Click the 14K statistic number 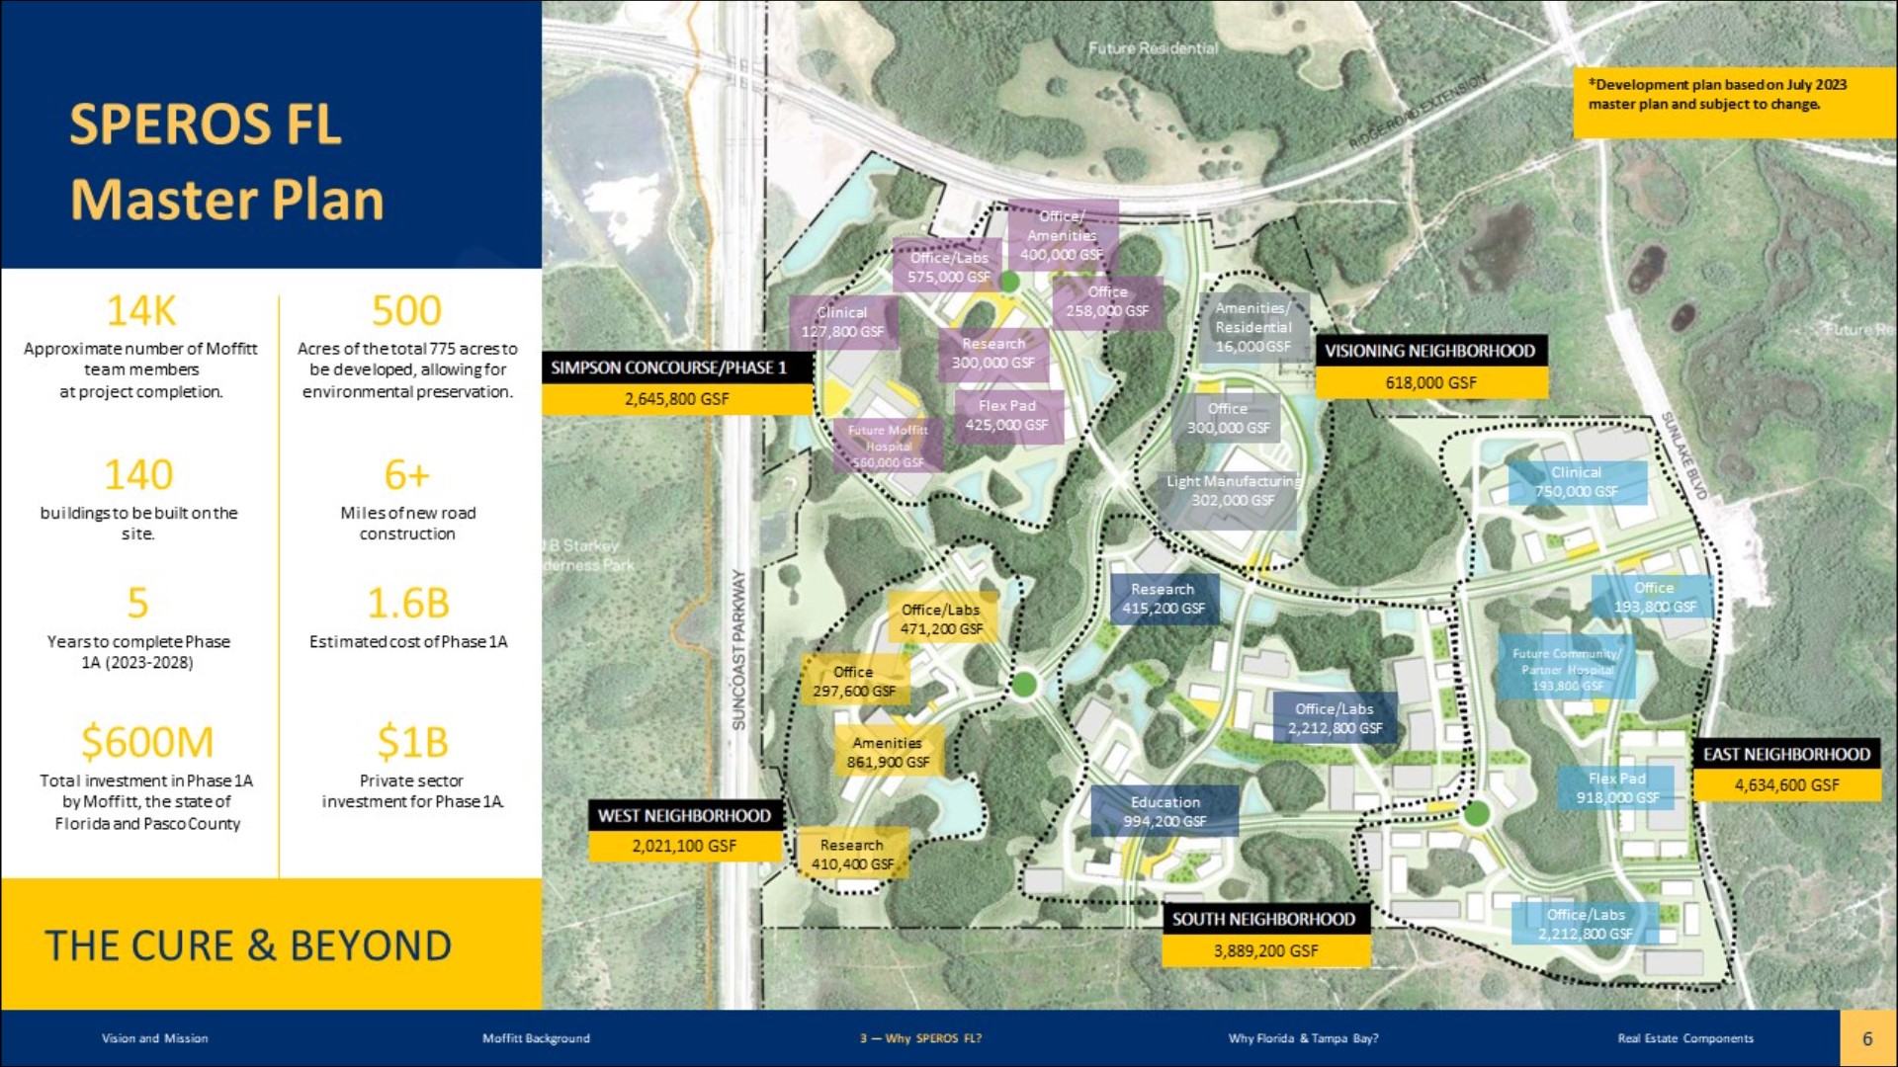(141, 311)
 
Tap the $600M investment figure (146, 742)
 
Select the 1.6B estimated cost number (407, 603)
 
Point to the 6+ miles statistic (406, 475)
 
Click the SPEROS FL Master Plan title (226, 161)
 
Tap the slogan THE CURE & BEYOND (248, 945)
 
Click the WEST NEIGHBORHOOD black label (684, 816)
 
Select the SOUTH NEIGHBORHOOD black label (1263, 919)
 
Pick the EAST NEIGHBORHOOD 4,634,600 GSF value (1786, 785)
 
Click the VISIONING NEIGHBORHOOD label (1429, 351)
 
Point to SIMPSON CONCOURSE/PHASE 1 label (669, 368)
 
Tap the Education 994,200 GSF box (1165, 811)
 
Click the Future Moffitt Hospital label (887, 446)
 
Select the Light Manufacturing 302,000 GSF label (1233, 491)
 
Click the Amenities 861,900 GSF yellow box (888, 752)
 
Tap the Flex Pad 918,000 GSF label (1617, 787)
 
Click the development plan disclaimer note (1718, 94)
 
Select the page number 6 (1867, 1038)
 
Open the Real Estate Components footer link (1685, 1038)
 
